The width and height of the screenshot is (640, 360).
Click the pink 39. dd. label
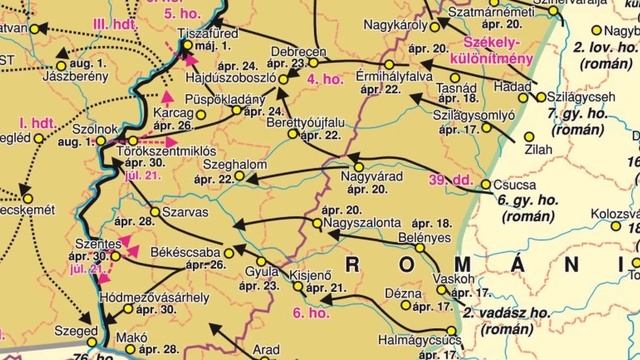click(x=449, y=179)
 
